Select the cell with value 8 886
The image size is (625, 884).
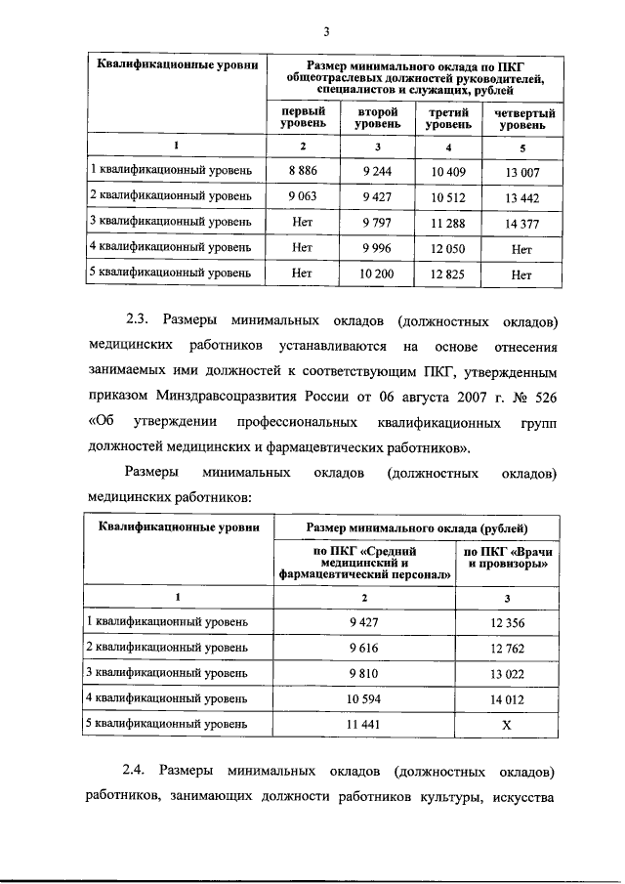[x=303, y=171]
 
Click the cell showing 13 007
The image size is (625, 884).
[x=521, y=172]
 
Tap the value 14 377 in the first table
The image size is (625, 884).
[x=521, y=224]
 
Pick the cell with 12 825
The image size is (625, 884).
[x=446, y=274]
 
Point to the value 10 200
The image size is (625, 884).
[x=376, y=274]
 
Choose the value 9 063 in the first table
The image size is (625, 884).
[x=303, y=197]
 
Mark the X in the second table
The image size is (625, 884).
[x=506, y=725]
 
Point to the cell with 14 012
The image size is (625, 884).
[x=506, y=698]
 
